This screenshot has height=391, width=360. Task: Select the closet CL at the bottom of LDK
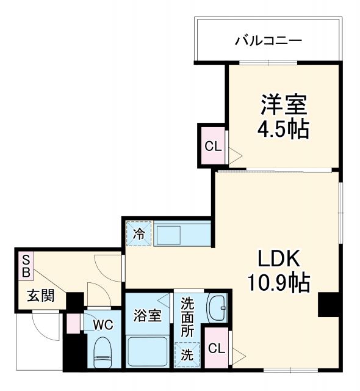pos(215,349)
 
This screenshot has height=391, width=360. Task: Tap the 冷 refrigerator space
pos(139,233)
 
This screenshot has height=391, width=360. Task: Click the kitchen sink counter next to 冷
pos(181,233)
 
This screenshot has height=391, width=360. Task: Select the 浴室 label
pos(148,316)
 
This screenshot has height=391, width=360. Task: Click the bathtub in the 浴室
pos(148,351)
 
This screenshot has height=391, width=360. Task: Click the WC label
pos(103,325)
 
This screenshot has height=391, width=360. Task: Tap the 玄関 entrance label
pos(40,296)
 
